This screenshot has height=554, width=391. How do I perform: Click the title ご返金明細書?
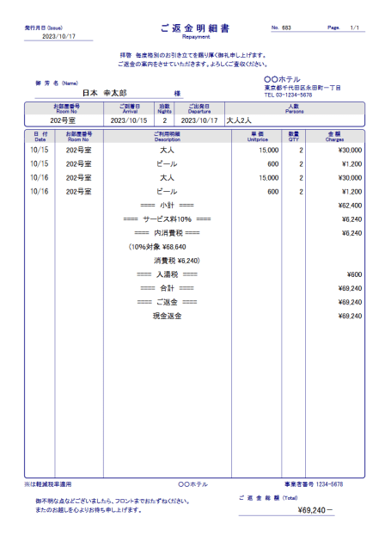[195, 28]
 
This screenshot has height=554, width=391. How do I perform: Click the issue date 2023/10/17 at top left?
[59, 37]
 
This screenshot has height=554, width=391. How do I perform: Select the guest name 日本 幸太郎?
[104, 93]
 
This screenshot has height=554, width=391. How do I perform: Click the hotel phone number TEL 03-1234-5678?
[288, 95]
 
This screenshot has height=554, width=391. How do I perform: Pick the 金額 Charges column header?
[334, 137]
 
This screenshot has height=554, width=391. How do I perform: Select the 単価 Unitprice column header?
[257, 137]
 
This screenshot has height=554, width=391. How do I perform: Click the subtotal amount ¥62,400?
[350, 206]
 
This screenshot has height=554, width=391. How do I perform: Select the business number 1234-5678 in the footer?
[313, 484]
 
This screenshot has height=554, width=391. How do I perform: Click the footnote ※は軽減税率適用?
[48, 484]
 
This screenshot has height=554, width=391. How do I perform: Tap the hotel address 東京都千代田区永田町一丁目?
[302, 88]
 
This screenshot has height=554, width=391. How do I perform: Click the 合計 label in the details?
[168, 288]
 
